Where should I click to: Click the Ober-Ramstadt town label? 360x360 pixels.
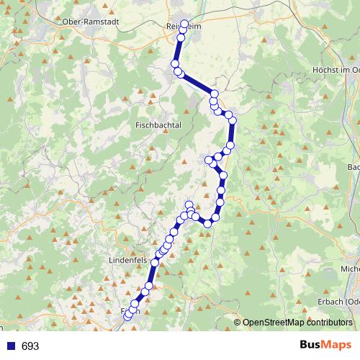(91, 22)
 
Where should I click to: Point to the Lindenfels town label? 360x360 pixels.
(127, 258)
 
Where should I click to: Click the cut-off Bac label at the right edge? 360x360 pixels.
(353, 167)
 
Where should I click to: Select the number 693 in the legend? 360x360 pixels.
(30, 346)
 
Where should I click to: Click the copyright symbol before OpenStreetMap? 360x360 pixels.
(238, 323)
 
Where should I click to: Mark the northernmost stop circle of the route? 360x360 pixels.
(184, 24)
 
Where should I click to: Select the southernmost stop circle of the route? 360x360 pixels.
(127, 316)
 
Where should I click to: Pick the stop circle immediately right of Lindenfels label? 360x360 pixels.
(154, 263)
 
